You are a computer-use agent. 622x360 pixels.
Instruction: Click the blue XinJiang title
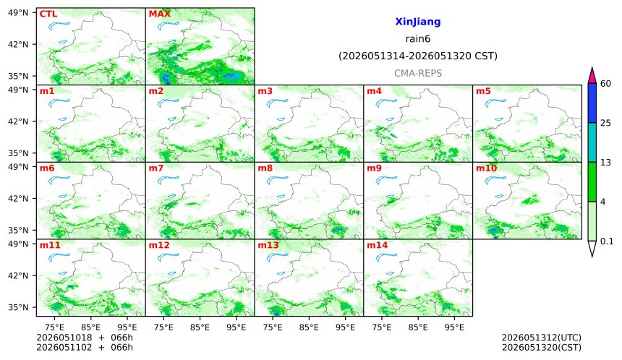[x=418, y=22]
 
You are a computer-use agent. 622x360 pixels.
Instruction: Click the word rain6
[x=418, y=39]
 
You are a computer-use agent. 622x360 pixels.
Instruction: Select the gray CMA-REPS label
[x=418, y=73]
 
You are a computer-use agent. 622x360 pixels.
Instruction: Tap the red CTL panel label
[x=48, y=14]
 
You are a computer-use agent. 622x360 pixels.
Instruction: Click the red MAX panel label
[x=159, y=14]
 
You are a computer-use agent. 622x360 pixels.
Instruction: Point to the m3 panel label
[x=265, y=91]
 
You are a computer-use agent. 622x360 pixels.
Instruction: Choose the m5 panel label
[x=483, y=91]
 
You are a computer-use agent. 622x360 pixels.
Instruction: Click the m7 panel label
[x=156, y=168]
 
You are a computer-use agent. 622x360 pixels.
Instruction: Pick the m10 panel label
[x=486, y=168]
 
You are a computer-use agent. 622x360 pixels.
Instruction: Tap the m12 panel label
[x=159, y=245]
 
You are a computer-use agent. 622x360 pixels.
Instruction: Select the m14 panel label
[x=378, y=245]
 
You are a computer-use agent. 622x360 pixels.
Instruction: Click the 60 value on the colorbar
[x=606, y=84]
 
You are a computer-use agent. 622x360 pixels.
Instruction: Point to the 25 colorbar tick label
[x=606, y=123]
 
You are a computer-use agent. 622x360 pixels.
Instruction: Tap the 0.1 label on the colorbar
[x=607, y=241]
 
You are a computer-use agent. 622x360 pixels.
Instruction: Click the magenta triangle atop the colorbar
[x=592, y=76]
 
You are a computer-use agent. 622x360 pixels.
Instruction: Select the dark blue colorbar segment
[x=592, y=103]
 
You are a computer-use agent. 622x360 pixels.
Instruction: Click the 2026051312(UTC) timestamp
[x=542, y=338]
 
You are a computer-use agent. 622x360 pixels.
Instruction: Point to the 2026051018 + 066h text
[x=85, y=338]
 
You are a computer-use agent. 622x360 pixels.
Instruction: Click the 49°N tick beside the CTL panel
[x=18, y=13]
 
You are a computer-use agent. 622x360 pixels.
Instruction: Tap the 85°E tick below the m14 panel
[x=418, y=327]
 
